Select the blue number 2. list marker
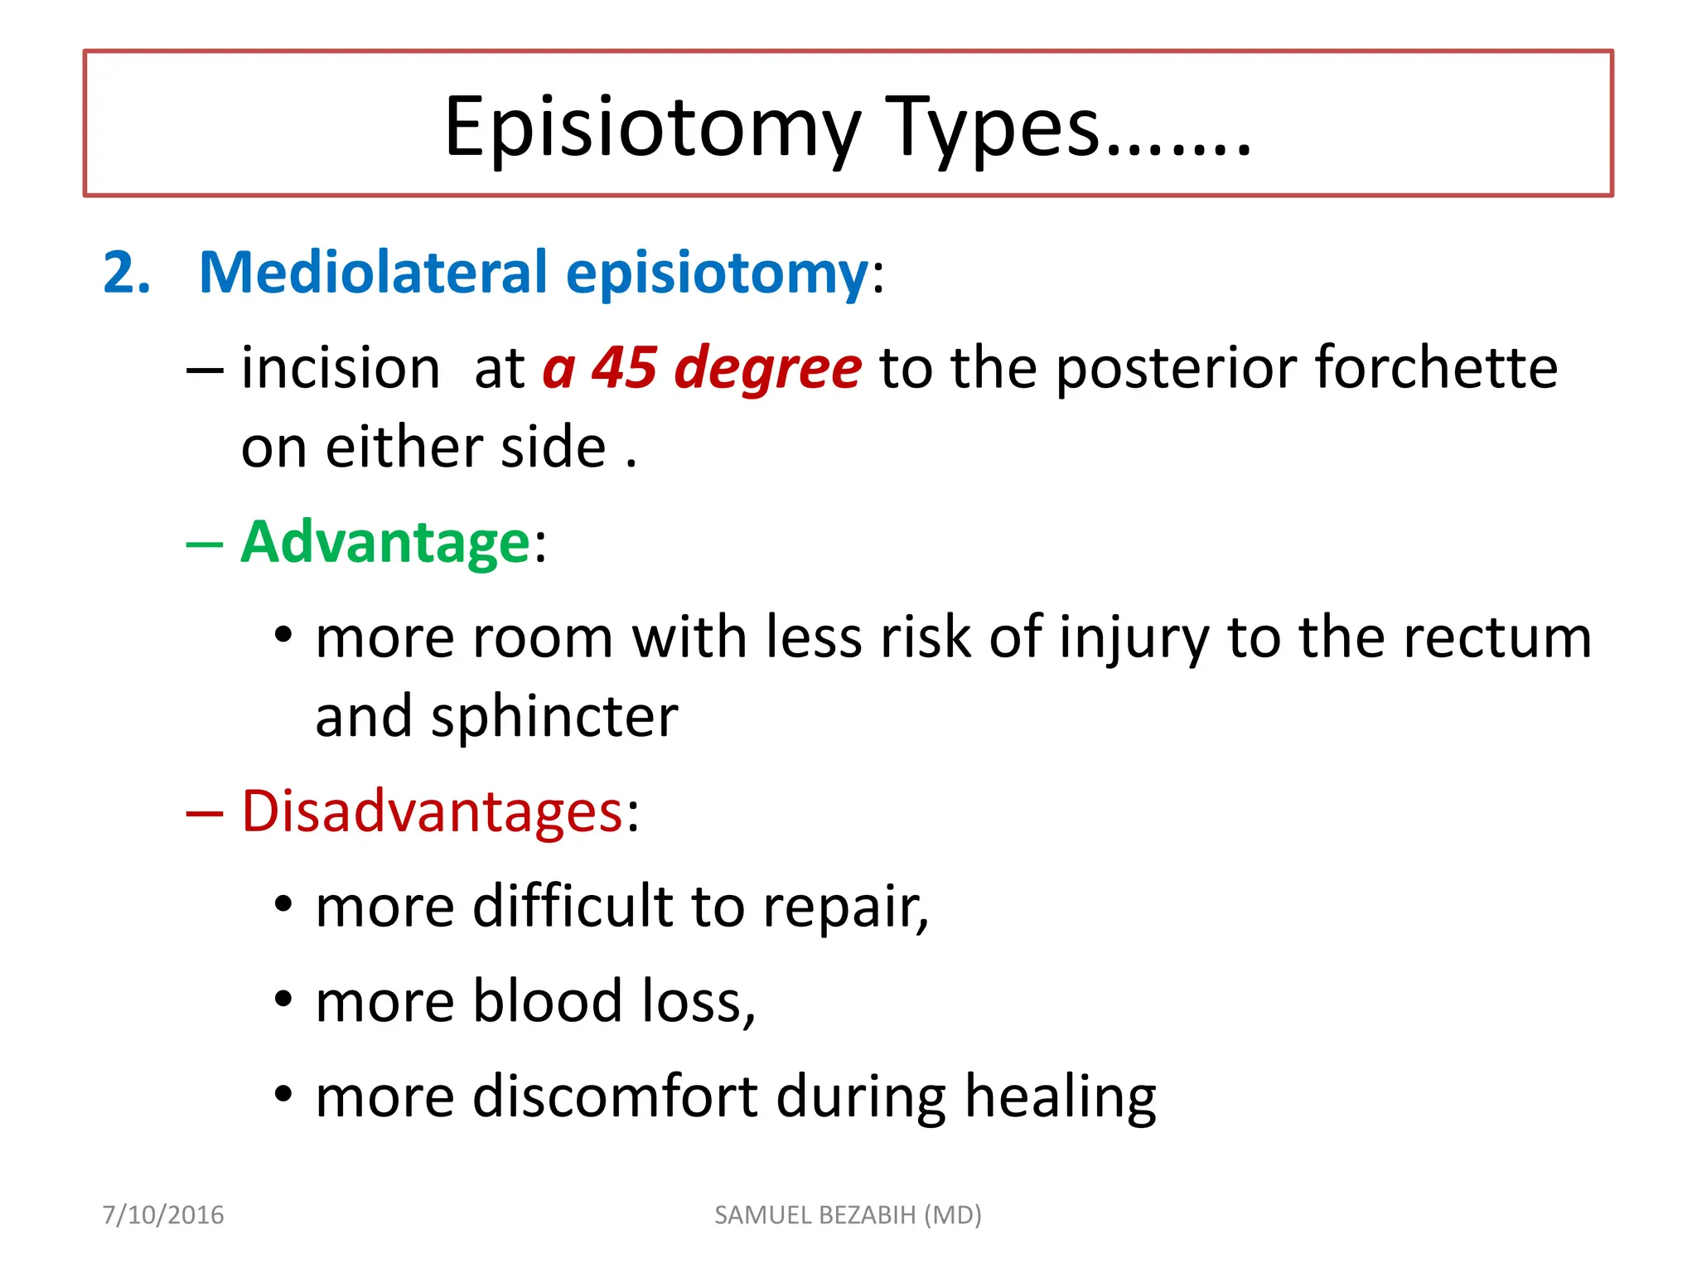(127, 273)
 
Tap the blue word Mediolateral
(374, 273)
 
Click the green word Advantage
(385, 543)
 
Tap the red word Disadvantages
(432, 811)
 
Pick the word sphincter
(554, 717)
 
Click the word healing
(1061, 1098)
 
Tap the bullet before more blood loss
(283, 999)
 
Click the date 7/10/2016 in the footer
(163, 1215)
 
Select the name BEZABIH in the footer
(869, 1215)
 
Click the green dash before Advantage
(205, 545)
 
